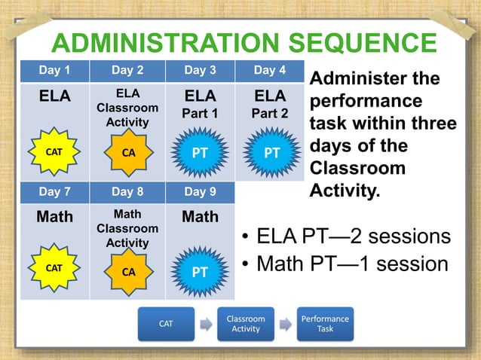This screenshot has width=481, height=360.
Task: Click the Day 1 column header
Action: (x=54, y=71)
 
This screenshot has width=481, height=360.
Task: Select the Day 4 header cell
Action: (x=269, y=71)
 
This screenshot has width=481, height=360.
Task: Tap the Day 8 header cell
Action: (x=127, y=191)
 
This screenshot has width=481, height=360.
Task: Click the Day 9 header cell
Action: (x=201, y=191)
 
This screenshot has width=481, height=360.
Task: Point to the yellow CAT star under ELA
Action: (x=54, y=152)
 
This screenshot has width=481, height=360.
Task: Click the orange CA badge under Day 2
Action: (x=128, y=152)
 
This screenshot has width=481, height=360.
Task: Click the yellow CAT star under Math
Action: (x=54, y=268)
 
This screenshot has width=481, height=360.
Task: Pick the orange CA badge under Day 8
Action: (x=128, y=272)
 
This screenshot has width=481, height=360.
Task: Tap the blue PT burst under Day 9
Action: (x=199, y=272)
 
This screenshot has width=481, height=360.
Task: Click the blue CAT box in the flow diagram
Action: (x=166, y=324)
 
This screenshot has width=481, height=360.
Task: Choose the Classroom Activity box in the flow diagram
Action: (x=246, y=324)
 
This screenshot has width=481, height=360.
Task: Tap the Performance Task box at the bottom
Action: (x=325, y=324)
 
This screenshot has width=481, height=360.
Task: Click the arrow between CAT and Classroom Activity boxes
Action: (x=206, y=325)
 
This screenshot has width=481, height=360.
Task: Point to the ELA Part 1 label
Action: (x=201, y=105)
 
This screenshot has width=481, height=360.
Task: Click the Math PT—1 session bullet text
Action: (x=351, y=265)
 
